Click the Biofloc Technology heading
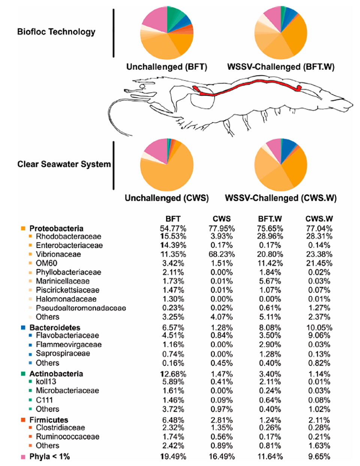click(x=56, y=32)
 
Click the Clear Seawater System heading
click(x=64, y=164)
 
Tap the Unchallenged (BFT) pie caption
click(x=166, y=67)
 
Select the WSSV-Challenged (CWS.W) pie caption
click(x=280, y=198)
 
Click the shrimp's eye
click(x=142, y=86)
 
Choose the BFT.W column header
click(x=270, y=219)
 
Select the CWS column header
click(x=222, y=219)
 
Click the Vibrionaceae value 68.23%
click(x=222, y=254)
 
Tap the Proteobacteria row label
click(x=56, y=229)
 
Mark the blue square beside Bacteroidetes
click(x=23, y=328)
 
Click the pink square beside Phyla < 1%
click(x=23, y=457)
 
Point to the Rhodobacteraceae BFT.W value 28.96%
click(x=270, y=236)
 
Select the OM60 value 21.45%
click(x=319, y=263)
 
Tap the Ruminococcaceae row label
click(x=67, y=437)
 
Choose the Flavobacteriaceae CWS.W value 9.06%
click(x=319, y=335)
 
